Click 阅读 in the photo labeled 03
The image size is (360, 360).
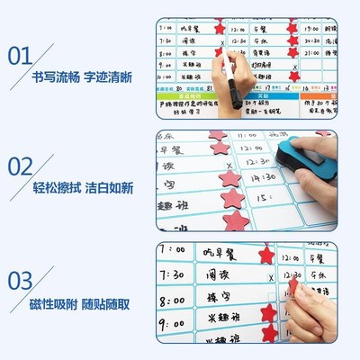pyautogui.click(x=217, y=273)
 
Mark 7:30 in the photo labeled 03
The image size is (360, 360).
pyautogui.click(x=180, y=273)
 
